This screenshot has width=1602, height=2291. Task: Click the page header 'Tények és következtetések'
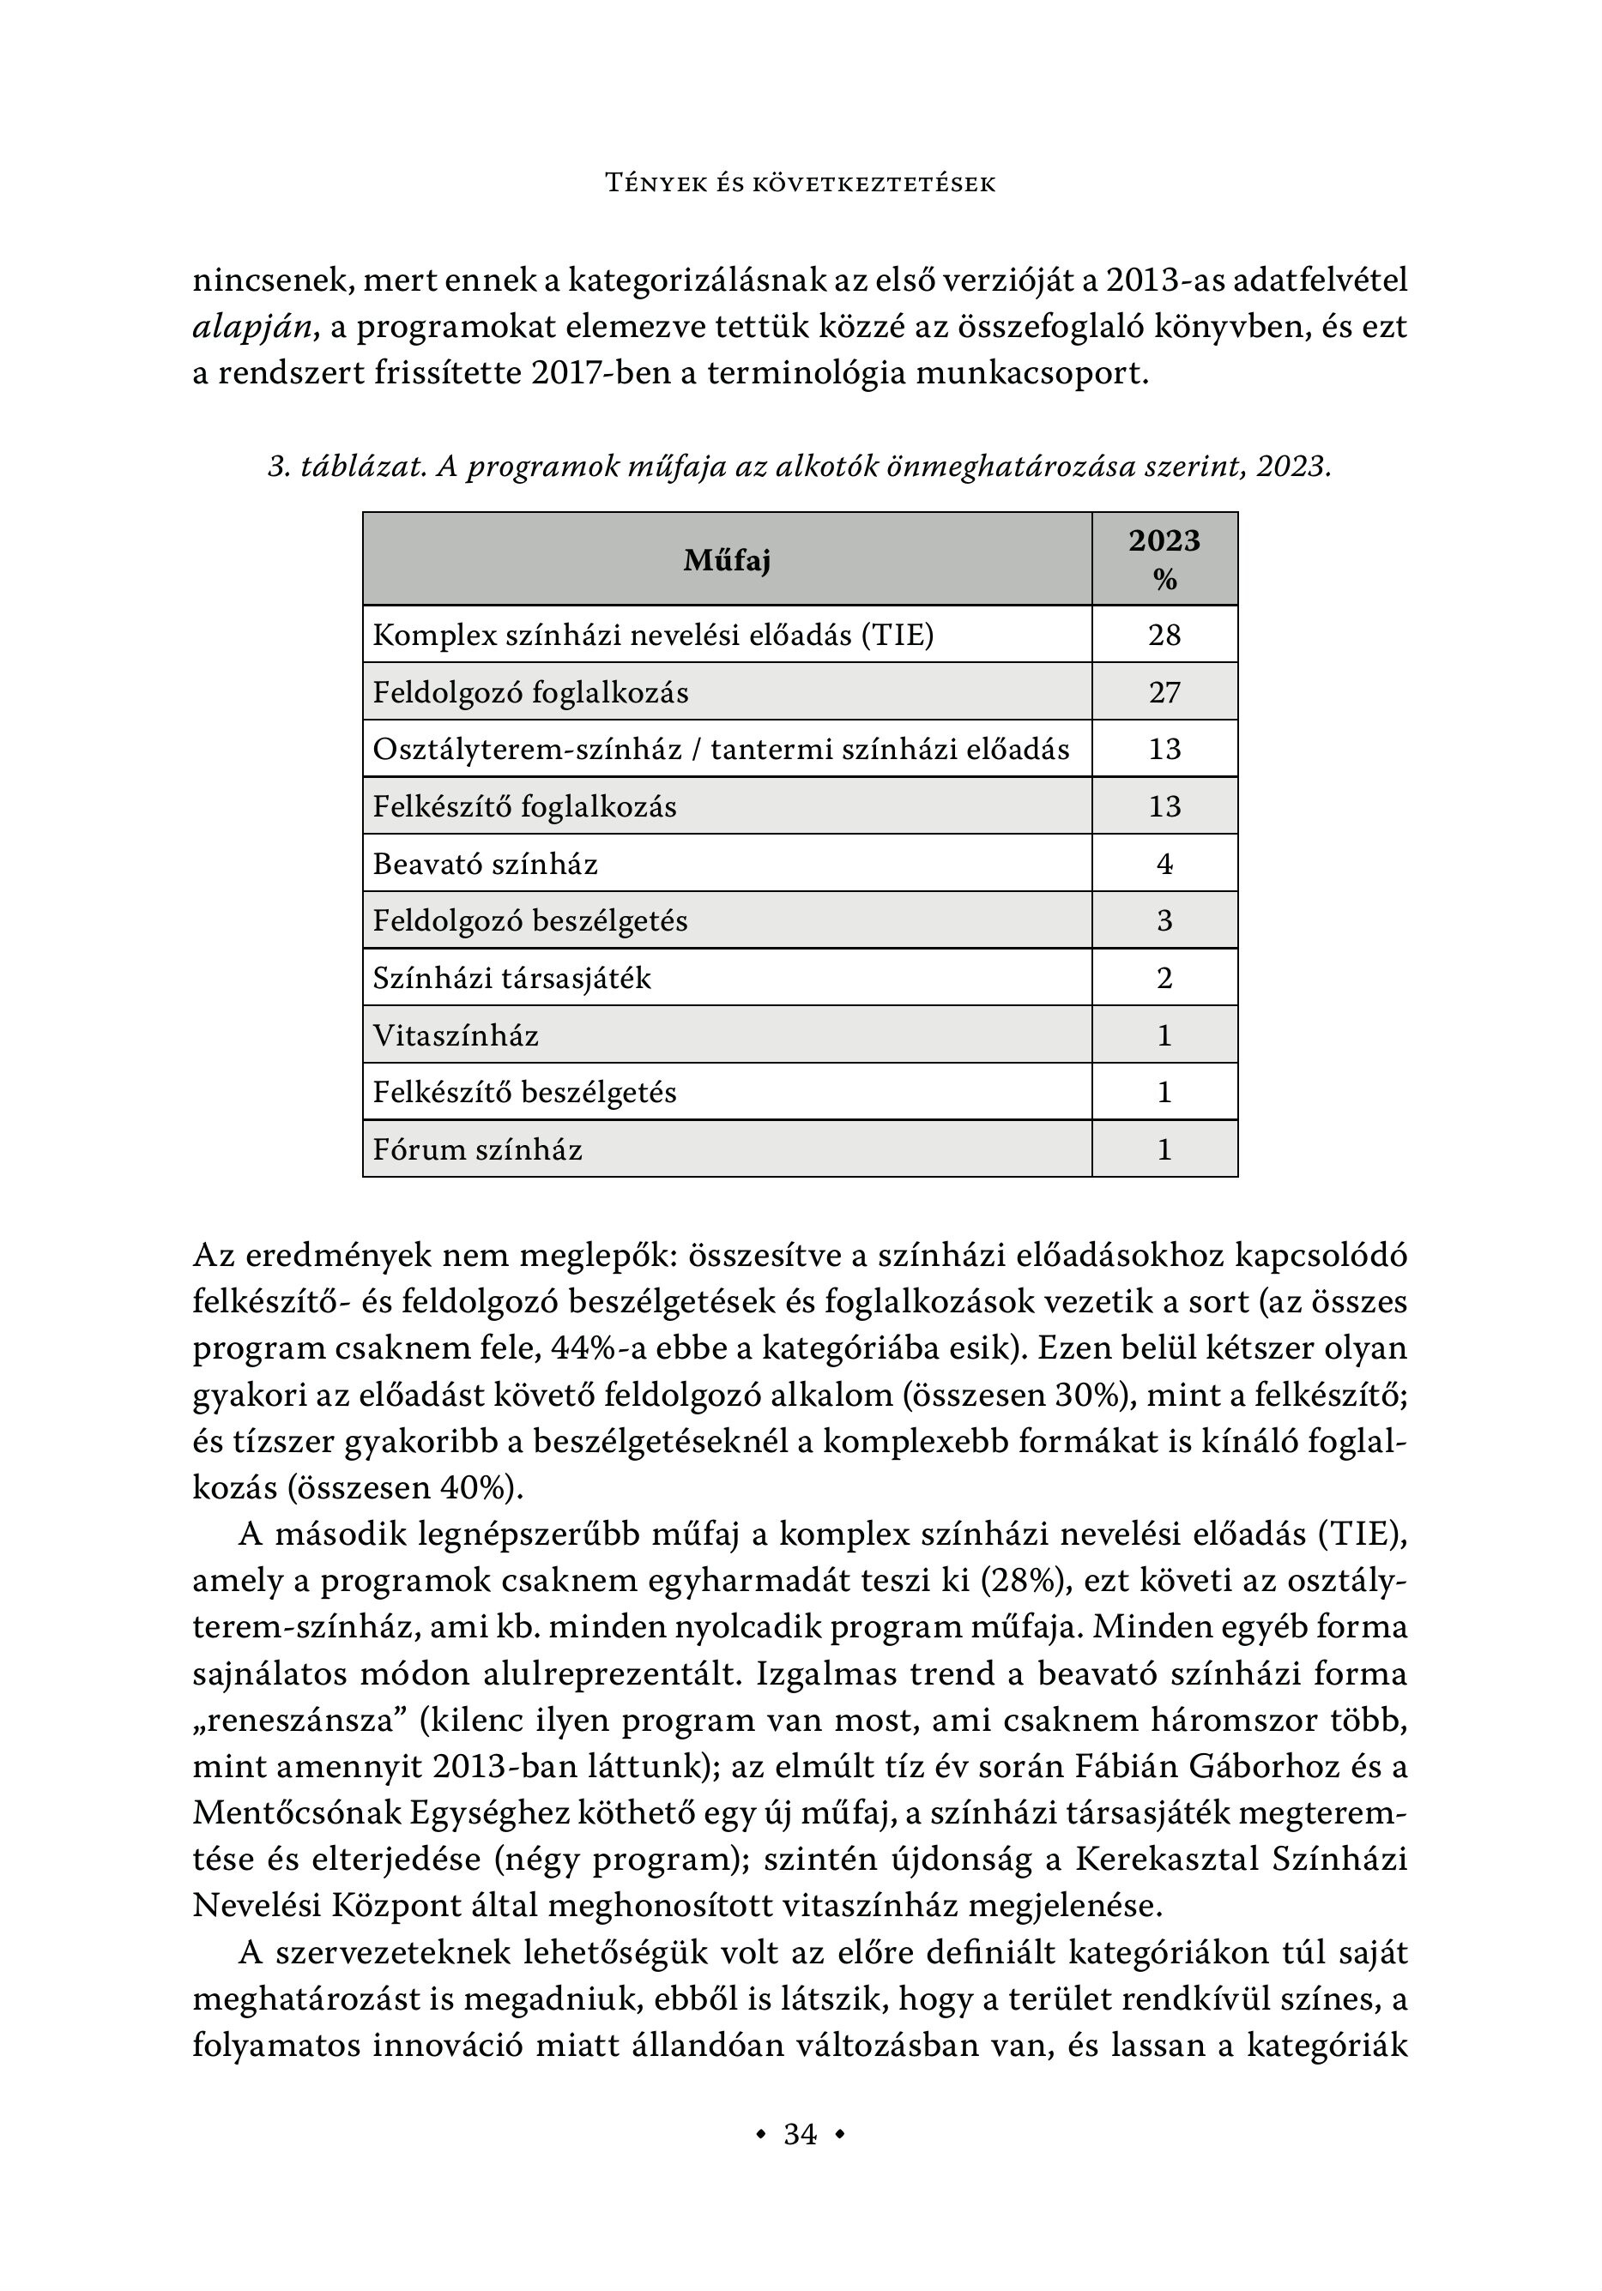(x=801, y=184)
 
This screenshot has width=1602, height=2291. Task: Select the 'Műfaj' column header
(x=727, y=561)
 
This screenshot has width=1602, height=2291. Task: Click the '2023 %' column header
(x=1164, y=560)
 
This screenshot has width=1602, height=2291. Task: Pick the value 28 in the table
(x=1164, y=635)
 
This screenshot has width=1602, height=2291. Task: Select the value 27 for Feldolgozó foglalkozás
(x=1164, y=692)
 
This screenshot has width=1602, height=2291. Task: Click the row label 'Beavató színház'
(x=485, y=864)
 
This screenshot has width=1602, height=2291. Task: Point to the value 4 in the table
(x=1164, y=864)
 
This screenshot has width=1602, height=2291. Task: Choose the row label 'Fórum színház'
(x=477, y=1149)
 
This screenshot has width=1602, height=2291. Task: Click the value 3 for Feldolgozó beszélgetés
(x=1164, y=921)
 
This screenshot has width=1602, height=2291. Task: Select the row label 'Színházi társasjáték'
(x=511, y=978)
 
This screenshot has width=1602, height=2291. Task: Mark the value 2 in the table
(x=1164, y=978)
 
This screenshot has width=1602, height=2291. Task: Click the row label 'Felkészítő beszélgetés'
(x=524, y=1093)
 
